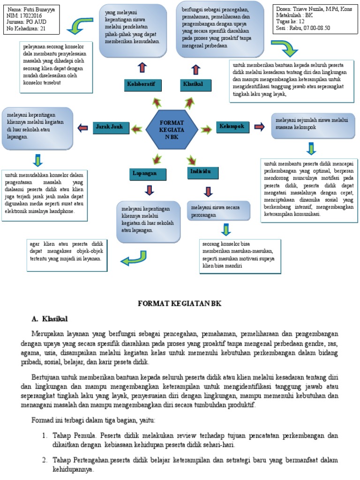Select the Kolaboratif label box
142,84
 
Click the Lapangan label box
149,174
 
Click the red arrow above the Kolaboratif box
142,67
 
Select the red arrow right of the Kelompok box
259,127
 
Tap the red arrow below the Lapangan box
150,190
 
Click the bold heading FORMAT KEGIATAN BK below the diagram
179,304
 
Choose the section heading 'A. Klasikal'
50,319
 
